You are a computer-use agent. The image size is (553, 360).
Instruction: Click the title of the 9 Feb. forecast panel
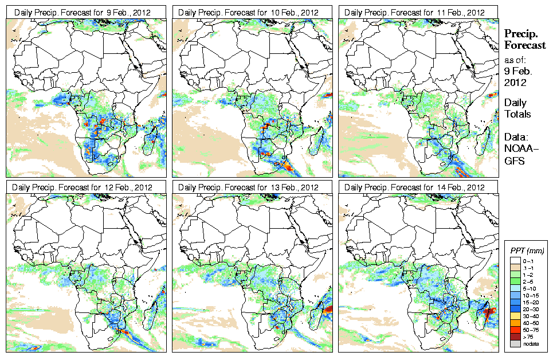tap(83, 11)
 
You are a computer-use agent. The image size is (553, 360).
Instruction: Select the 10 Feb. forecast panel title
tap(249, 11)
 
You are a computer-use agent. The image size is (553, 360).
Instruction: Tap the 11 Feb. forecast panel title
tap(415, 11)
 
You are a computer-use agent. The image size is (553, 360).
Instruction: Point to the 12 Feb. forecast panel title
tap(83, 187)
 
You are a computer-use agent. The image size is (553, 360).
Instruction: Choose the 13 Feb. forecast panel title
tap(249, 187)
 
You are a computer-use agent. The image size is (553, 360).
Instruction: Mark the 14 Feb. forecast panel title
tap(415, 187)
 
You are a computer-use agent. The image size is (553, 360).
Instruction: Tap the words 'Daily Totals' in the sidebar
tap(517, 108)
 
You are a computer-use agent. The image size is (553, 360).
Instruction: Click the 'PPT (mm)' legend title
tap(527, 251)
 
